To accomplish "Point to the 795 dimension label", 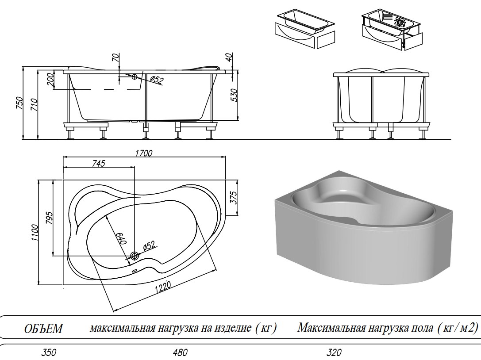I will [x=50, y=218].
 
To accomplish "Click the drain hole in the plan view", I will [x=135, y=256].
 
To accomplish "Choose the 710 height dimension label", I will [x=35, y=105].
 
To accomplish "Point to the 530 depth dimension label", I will [x=235, y=95].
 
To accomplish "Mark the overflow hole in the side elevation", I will [x=135, y=77].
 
